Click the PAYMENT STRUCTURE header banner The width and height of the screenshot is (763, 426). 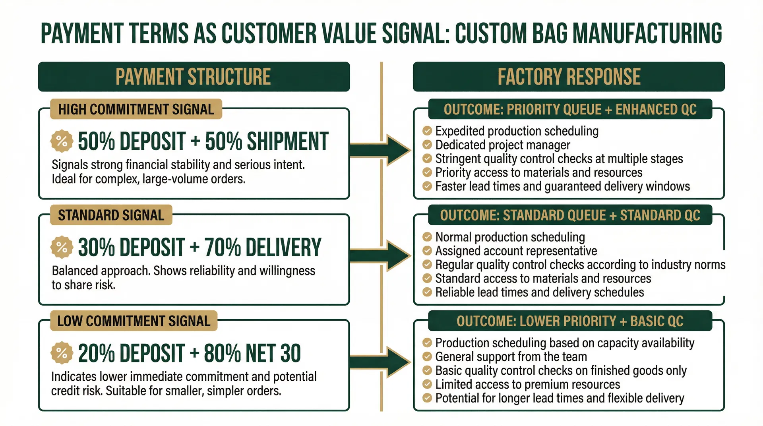[194, 77]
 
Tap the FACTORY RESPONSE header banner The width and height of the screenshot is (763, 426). [569, 77]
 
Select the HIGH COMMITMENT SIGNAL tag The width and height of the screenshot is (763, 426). [136, 109]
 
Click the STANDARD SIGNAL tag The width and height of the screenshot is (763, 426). [111, 215]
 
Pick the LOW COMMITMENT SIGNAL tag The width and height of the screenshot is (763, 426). [134, 321]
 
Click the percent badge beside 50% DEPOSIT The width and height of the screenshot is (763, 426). [62, 141]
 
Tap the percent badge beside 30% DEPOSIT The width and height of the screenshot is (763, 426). [62, 247]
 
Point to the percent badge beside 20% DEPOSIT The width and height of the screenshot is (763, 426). [62, 353]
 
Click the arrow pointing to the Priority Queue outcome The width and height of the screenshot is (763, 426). [381, 150]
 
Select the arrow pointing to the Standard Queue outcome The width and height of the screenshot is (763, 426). [381, 256]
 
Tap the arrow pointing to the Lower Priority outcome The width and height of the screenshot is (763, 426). [381, 362]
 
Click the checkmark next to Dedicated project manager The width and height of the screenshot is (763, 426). [427, 145]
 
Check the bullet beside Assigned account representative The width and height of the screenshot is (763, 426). [427, 251]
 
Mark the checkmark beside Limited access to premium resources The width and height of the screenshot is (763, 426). [427, 384]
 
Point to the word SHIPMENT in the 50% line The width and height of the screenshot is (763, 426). [287, 141]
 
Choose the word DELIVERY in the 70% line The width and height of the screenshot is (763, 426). [283, 247]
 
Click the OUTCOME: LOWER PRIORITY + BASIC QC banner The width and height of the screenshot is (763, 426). [569, 321]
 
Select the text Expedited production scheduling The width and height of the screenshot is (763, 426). [517, 131]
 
